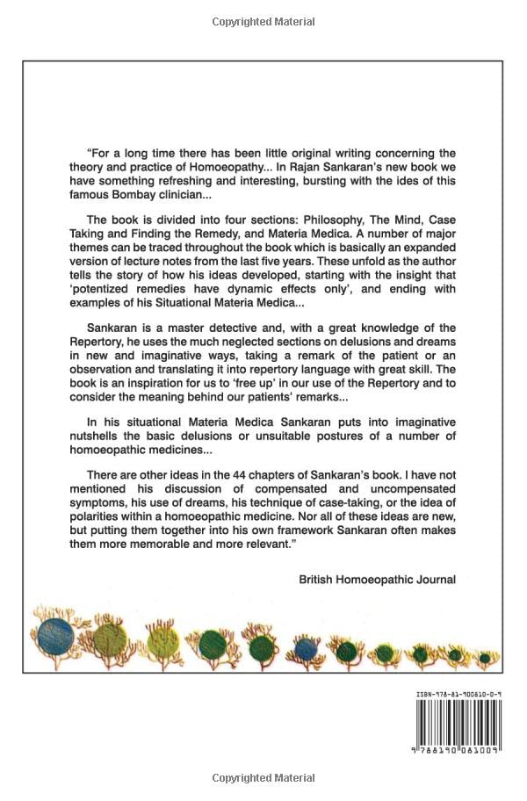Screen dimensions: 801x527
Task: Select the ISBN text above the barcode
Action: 458,695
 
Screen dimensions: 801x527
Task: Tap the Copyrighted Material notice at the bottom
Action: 263,777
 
